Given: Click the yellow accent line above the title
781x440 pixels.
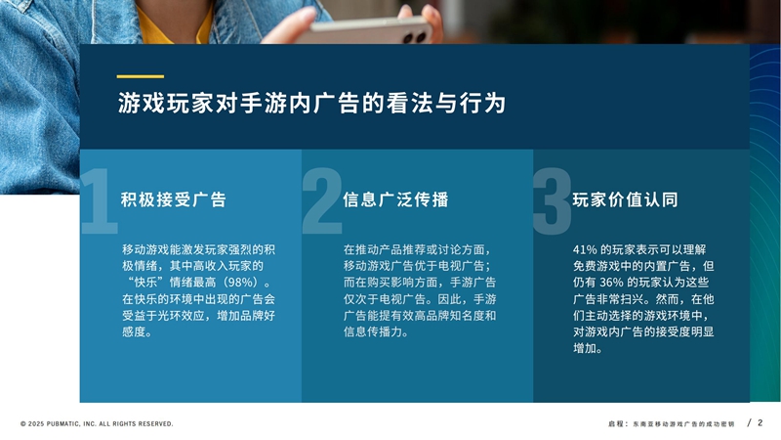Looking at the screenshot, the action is pos(140,77).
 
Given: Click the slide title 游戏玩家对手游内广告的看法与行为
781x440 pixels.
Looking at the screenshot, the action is pos(311,104).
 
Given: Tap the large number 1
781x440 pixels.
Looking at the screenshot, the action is pos(100,201).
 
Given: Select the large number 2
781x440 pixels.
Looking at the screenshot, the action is pos(322,201).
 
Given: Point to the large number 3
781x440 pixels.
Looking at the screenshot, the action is pos(552,201).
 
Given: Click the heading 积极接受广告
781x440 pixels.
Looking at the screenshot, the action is pos(174,199).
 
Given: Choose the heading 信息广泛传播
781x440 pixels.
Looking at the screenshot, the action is pos(395,199).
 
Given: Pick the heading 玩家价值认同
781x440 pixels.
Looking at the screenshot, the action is pos(625,199).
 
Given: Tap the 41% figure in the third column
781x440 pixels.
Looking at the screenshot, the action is pos(585,249).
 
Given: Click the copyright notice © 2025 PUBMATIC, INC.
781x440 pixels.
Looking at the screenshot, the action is pos(97,424).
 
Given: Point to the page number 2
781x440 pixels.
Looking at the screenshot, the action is pos(760,422).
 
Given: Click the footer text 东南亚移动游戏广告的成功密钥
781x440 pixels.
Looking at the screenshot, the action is pos(683,424).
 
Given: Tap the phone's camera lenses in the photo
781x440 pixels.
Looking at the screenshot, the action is pos(416,36).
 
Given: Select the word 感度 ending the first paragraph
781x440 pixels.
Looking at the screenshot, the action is pos(134,331).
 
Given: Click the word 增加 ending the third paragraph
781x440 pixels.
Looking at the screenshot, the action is pos(584,348).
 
